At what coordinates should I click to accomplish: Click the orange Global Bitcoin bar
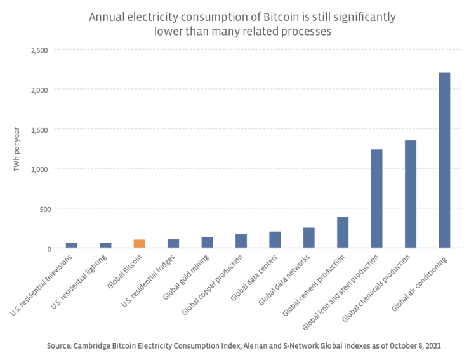point(140,244)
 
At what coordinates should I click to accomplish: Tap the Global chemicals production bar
point(411,194)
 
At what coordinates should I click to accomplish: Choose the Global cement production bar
point(343,232)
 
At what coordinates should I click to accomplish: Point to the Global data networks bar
point(308,237)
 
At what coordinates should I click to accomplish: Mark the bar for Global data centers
point(275,239)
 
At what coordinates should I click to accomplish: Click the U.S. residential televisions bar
point(72,245)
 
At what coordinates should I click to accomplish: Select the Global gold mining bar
point(207,243)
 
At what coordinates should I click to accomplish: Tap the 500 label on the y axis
point(44,208)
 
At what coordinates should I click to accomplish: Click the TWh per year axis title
point(17,149)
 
